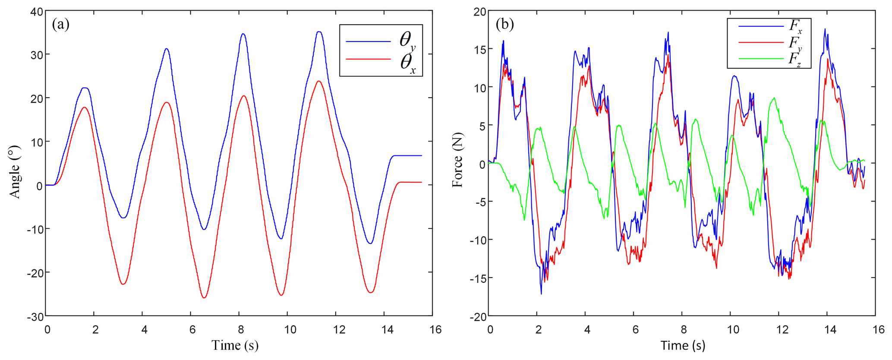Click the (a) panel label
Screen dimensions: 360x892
click(x=60, y=24)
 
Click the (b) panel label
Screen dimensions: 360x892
click(x=504, y=24)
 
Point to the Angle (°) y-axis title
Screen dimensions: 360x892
click(x=15, y=172)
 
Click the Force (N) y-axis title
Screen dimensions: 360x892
click(x=457, y=160)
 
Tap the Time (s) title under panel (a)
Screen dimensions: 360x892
click(x=235, y=345)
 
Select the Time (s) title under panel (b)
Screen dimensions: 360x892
click(x=683, y=345)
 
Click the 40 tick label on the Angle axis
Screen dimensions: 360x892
click(x=37, y=12)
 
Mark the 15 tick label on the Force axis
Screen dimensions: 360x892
click(x=479, y=50)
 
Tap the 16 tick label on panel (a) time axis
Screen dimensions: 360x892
click(x=435, y=330)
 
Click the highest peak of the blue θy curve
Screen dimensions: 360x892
click(x=319, y=32)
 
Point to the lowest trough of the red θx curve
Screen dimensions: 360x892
click(x=204, y=298)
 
